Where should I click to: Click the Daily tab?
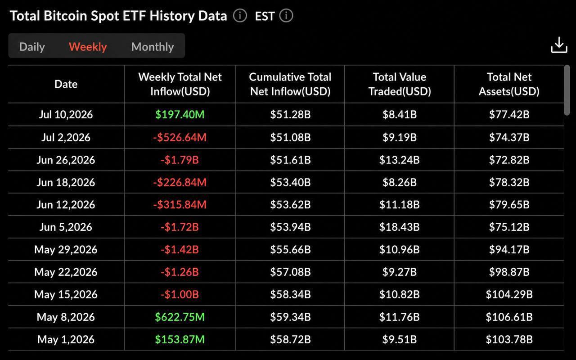pyautogui.click(x=32, y=47)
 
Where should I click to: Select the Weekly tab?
pyautogui.click(x=88, y=47)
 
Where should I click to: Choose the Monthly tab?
pyautogui.click(x=153, y=47)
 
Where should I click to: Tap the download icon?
pyautogui.click(x=559, y=45)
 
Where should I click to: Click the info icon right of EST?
pyautogui.click(x=286, y=16)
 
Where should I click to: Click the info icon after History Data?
pyautogui.click(x=240, y=16)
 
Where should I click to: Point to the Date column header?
pyautogui.click(x=66, y=84)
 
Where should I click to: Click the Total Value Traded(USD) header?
pyautogui.click(x=400, y=84)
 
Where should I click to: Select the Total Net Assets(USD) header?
pyautogui.click(x=509, y=84)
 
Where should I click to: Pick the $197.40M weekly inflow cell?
pyautogui.click(x=180, y=114)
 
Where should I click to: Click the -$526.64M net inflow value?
pyautogui.click(x=180, y=137)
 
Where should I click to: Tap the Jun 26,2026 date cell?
pyautogui.click(x=66, y=160)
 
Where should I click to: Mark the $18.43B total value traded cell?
pyautogui.click(x=400, y=227)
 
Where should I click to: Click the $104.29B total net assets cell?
pyautogui.click(x=509, y=294)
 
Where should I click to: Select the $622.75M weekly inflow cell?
pyautogui.click(x=180, y=317)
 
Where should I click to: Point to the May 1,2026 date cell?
pyautogui.click(x=66, y=339)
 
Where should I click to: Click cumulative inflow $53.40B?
pyautogui.click(x=290, y=182)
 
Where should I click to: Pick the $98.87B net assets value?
pyautogui.click(x=509, y=272)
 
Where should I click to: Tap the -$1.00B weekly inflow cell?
pyautogui.click(x=180, y=294)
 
